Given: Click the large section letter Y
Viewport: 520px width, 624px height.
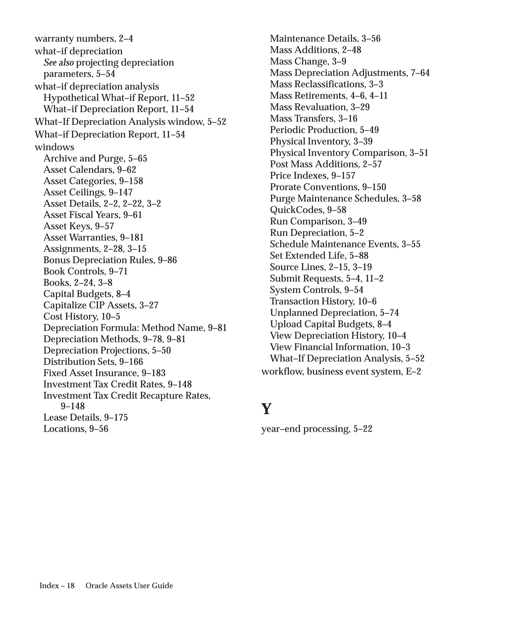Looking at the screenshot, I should pos(266,409).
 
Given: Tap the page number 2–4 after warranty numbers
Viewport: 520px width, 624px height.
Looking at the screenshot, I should pos(126,39).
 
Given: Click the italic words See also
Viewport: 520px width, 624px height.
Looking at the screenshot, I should pos(59,62).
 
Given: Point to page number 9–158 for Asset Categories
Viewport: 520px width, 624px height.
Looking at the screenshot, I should pos(131,181).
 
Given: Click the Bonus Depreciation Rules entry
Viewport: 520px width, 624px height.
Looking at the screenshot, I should pos(99,260).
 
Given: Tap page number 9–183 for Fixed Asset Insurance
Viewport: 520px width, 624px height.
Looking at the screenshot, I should pos(153,373).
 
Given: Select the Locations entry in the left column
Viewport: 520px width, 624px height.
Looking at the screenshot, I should pos(65,429).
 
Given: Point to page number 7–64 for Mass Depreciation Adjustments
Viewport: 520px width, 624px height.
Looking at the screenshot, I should pos(420,73).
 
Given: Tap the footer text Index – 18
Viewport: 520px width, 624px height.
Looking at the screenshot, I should pos(57,585).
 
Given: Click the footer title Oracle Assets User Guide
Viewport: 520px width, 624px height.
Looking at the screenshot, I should pos(129,585).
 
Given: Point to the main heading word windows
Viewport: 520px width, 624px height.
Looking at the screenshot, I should pos(54,147).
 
